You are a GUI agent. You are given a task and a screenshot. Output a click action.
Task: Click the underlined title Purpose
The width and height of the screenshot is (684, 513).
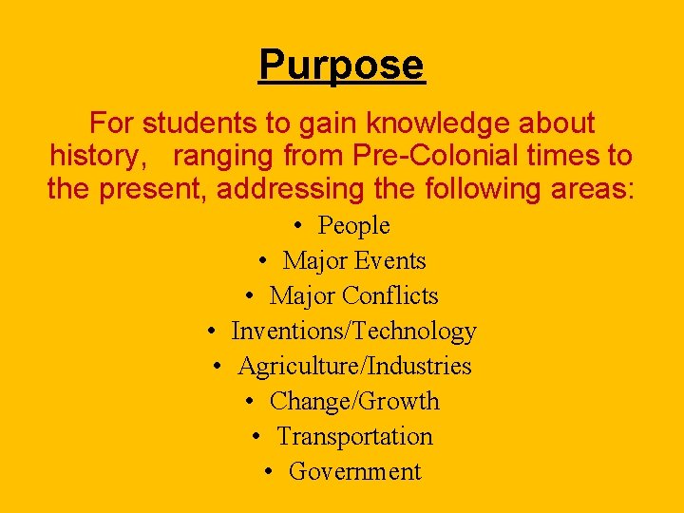[341, 66]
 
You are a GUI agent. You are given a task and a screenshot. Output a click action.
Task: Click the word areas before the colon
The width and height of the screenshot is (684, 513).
[587, 189]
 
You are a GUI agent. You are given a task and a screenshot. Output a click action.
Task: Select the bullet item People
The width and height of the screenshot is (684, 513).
[353, 226]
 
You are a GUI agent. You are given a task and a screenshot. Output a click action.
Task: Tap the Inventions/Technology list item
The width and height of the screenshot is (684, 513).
[353, 332]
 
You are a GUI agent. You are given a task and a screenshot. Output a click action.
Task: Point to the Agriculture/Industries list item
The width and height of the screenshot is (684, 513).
[354, 367]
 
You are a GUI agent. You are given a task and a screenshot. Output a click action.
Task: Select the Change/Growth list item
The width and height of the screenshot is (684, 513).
[354, 402]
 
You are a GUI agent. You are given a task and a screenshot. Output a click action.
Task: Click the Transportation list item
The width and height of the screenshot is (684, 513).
[354, 437]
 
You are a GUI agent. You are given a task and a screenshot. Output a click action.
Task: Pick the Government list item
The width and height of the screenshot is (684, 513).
[354, 472]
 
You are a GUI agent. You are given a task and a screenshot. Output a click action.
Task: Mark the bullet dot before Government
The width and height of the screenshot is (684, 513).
[270, 472]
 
